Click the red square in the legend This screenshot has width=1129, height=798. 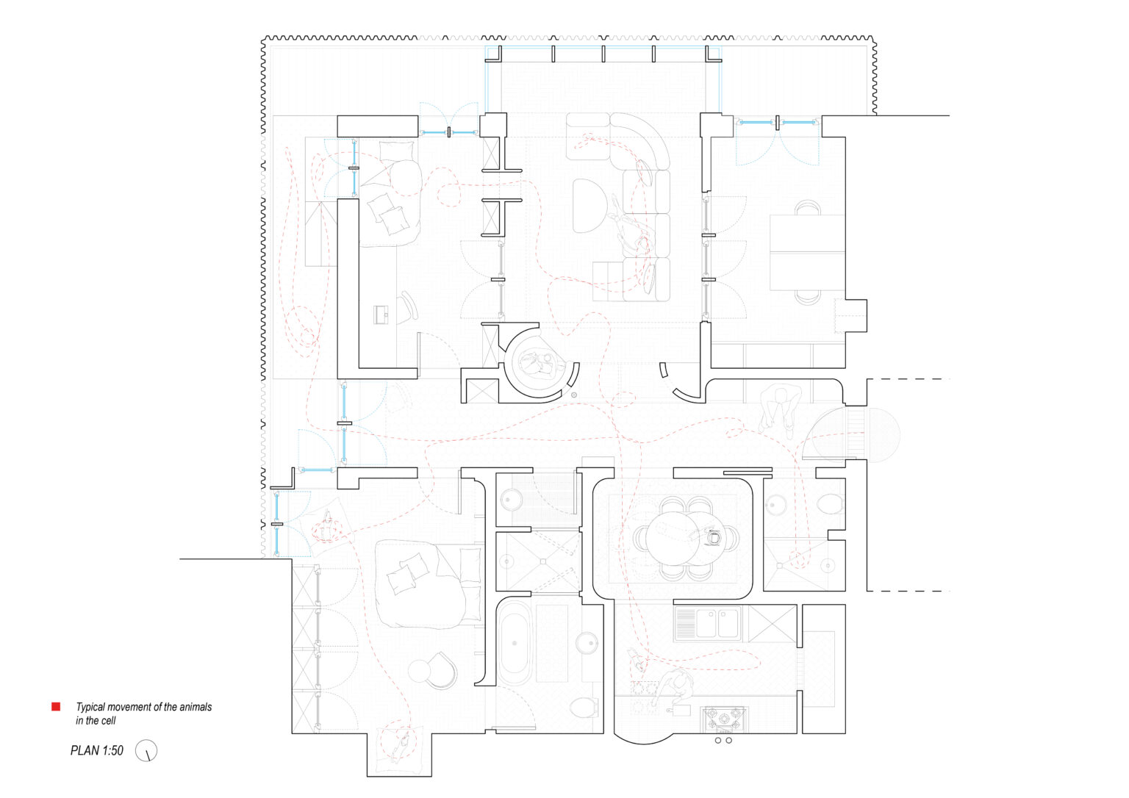[56, 707]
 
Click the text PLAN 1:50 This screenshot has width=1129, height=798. [97, 751]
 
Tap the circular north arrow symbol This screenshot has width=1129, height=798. [146, 751]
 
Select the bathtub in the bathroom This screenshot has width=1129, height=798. [514, 643]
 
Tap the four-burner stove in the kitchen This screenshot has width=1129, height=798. [724, 719]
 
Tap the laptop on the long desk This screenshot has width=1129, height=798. [381, 314]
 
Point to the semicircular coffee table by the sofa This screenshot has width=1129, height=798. [589, 205]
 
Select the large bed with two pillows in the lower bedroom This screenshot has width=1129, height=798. [429, 583]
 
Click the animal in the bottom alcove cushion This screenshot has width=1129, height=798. [401, 744]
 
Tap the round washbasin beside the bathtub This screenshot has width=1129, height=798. [586, 643]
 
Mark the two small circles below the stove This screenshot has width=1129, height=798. [723, 741]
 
